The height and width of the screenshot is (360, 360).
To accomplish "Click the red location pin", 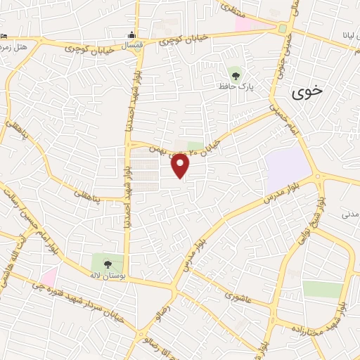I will click(181, 165).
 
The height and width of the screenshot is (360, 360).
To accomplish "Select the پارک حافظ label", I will click(240, 87).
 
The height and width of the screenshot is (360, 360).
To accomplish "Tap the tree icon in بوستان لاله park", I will click(108, 264).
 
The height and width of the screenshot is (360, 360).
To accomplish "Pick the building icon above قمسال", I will click(131, 35).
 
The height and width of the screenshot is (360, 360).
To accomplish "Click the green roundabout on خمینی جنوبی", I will click(283, 29).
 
